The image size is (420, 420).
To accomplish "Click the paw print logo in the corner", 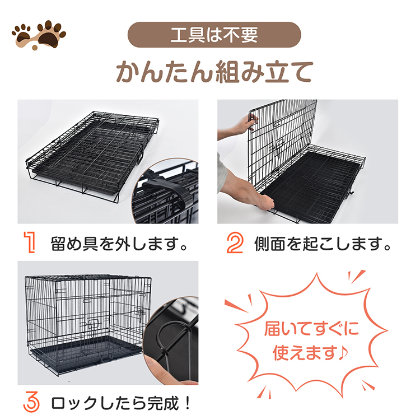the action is pyautogui.click(x=39, y=35).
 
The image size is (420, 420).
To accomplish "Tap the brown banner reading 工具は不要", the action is pyautogui.click(x=214, y=35).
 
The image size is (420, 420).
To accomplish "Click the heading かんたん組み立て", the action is pyautogui.click(x=214, y=72).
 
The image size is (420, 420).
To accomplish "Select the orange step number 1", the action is pyautogui.click(x=30, y=242).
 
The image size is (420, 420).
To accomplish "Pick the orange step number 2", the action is pyautogui.click(x=235, y=242).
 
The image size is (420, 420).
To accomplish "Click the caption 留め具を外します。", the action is pyautogui.click(x=119, y=244).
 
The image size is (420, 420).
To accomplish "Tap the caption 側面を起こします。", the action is pyautogui.click(x=323, y=244).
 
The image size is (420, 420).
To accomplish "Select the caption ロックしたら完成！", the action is pyautogui.click(x=120, y=403).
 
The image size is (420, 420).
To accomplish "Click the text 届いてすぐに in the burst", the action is pyautogui.click(x=311, y=328).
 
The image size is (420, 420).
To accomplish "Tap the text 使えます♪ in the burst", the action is pyautogui.click(x=310, y=352).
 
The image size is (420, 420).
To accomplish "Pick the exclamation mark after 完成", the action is pyautogui.click(x=187, y=403).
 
